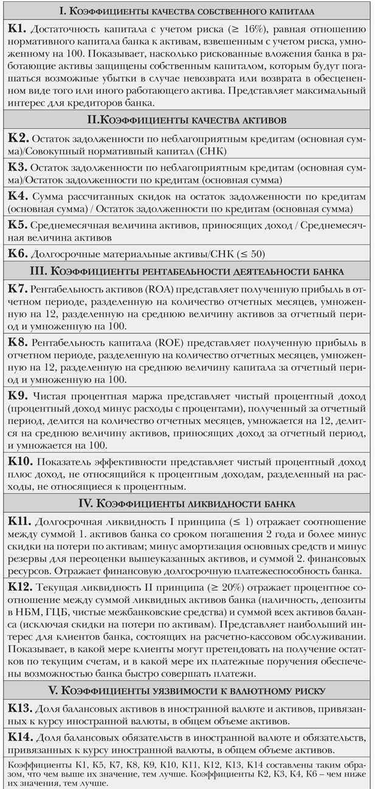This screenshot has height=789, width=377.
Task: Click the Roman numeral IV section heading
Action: coord(188,504)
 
